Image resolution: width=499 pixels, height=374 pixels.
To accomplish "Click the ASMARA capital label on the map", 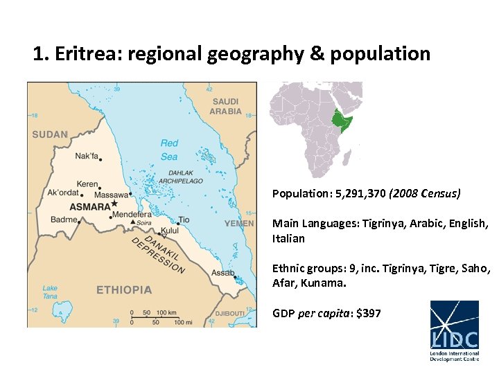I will (89, 206).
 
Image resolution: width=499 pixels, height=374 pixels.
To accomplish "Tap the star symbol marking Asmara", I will (115, 204).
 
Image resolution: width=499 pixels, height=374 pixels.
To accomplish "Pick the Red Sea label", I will (169, 150).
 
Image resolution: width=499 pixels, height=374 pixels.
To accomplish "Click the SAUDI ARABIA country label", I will (227, 106).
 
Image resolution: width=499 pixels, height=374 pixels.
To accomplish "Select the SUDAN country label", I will (50, 134).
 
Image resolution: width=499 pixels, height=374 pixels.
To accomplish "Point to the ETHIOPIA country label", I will (124, 290).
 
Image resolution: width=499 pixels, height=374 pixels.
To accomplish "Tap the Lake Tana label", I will (50, 292).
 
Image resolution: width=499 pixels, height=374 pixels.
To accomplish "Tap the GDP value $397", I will (368, 313).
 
